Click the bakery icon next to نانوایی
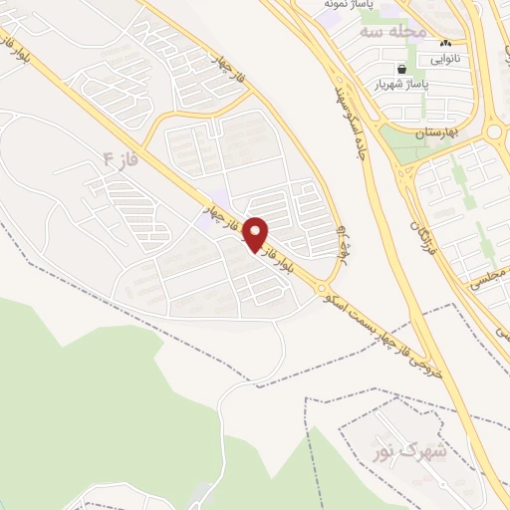445,44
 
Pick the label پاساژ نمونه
350,5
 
